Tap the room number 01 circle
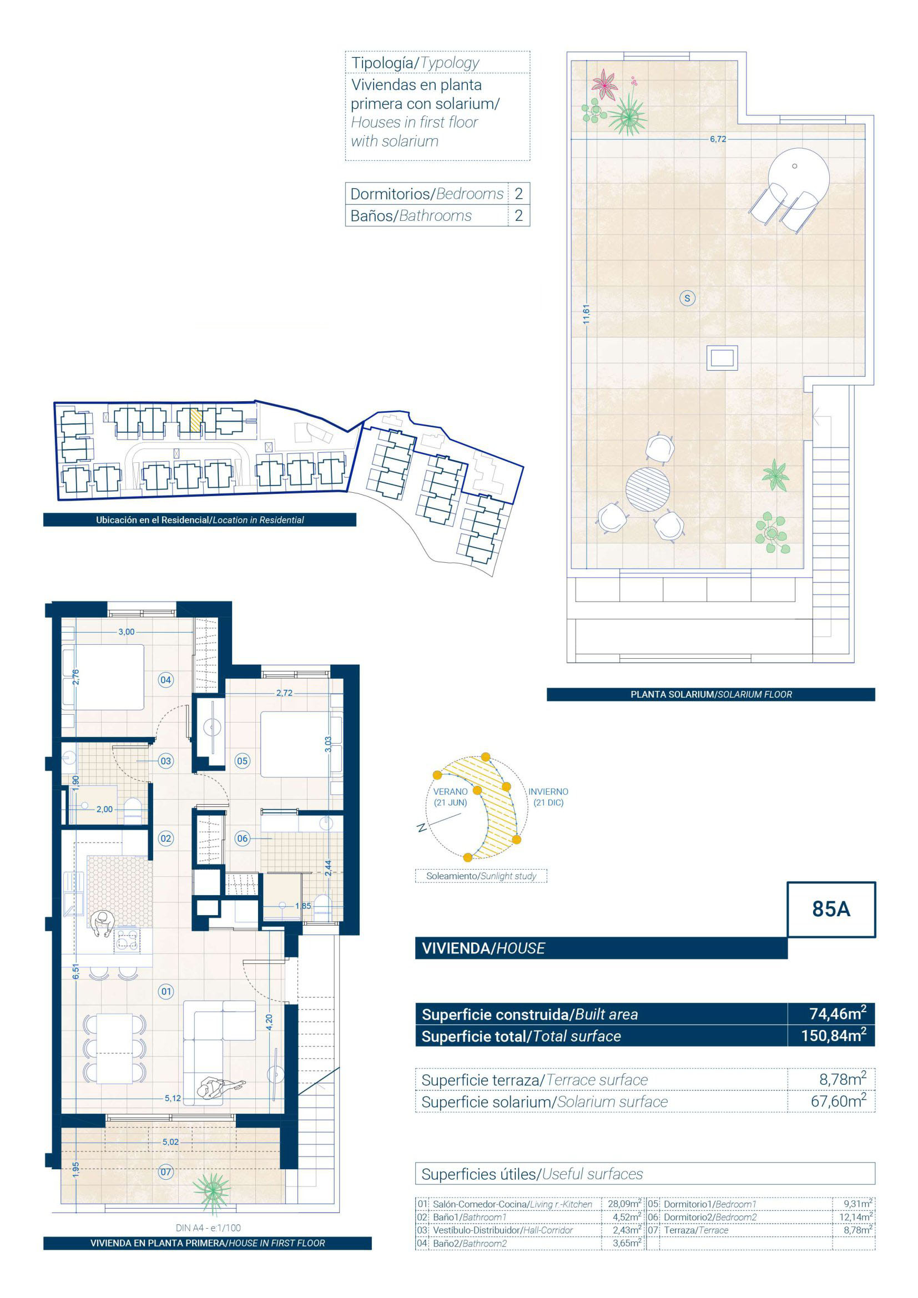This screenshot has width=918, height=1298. click(x=165, y=991)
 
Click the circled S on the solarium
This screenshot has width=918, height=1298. click(x=687, y=298)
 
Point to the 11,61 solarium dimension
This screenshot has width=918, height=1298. click(x=586, y=314)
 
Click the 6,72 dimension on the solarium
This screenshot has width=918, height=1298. click(x=718, y=139)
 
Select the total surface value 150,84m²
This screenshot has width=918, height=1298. click(x=834, y=1036)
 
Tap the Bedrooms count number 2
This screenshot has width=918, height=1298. click(x=518, y=194)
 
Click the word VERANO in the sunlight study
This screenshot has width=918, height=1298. click(x=450, y=791)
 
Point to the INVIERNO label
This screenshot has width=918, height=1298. click(x=548, y=791)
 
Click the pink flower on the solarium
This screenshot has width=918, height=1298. click(x=605, y=84)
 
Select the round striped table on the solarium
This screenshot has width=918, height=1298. click(x=647, y=489)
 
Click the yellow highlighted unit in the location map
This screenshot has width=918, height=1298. click(x=195, y=421)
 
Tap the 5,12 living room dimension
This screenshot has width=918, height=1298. click(x=173, y=1098)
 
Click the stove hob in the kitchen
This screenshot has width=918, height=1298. click(x=127, y=940)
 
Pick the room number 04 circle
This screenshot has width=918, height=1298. click(x=165, y=680)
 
